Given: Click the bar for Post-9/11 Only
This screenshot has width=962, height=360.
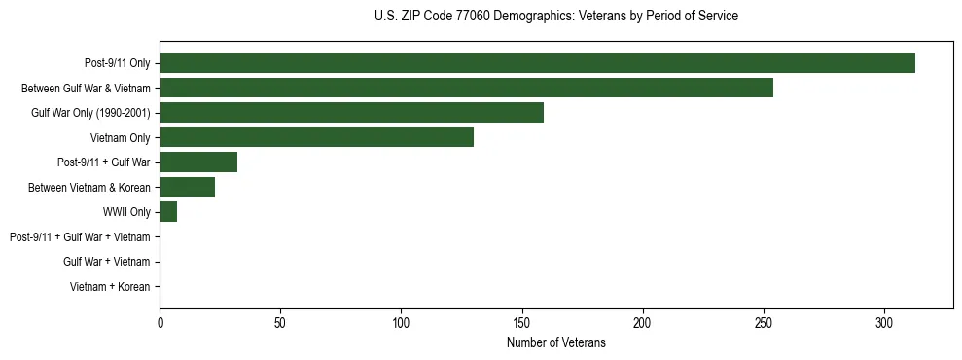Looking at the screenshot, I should click(x=537, y=63).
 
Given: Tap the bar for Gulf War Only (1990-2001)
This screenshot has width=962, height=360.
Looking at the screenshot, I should click(x=351, y=113).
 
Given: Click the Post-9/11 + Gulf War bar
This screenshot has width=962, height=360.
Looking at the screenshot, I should click(x=198, y=162).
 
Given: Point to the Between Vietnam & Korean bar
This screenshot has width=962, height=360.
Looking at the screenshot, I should click(x=187, y=187).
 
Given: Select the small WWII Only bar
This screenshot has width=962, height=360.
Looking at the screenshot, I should click(x=168, y=212).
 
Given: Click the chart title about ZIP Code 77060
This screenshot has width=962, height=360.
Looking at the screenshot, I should click(x=555, y=17).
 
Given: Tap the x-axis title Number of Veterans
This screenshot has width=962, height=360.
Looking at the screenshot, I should click(x=555, y=342).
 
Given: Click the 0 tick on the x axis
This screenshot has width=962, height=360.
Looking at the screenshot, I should click(x=160, y=322).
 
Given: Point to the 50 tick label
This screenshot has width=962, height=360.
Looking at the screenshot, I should click(x=280, y=322).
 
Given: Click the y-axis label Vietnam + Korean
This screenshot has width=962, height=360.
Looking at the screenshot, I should click(x=110, y=287).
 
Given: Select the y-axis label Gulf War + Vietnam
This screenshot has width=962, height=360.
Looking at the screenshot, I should click(x=106, y=262).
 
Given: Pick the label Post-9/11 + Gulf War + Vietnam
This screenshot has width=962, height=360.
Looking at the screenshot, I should click(x=80, y=237).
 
